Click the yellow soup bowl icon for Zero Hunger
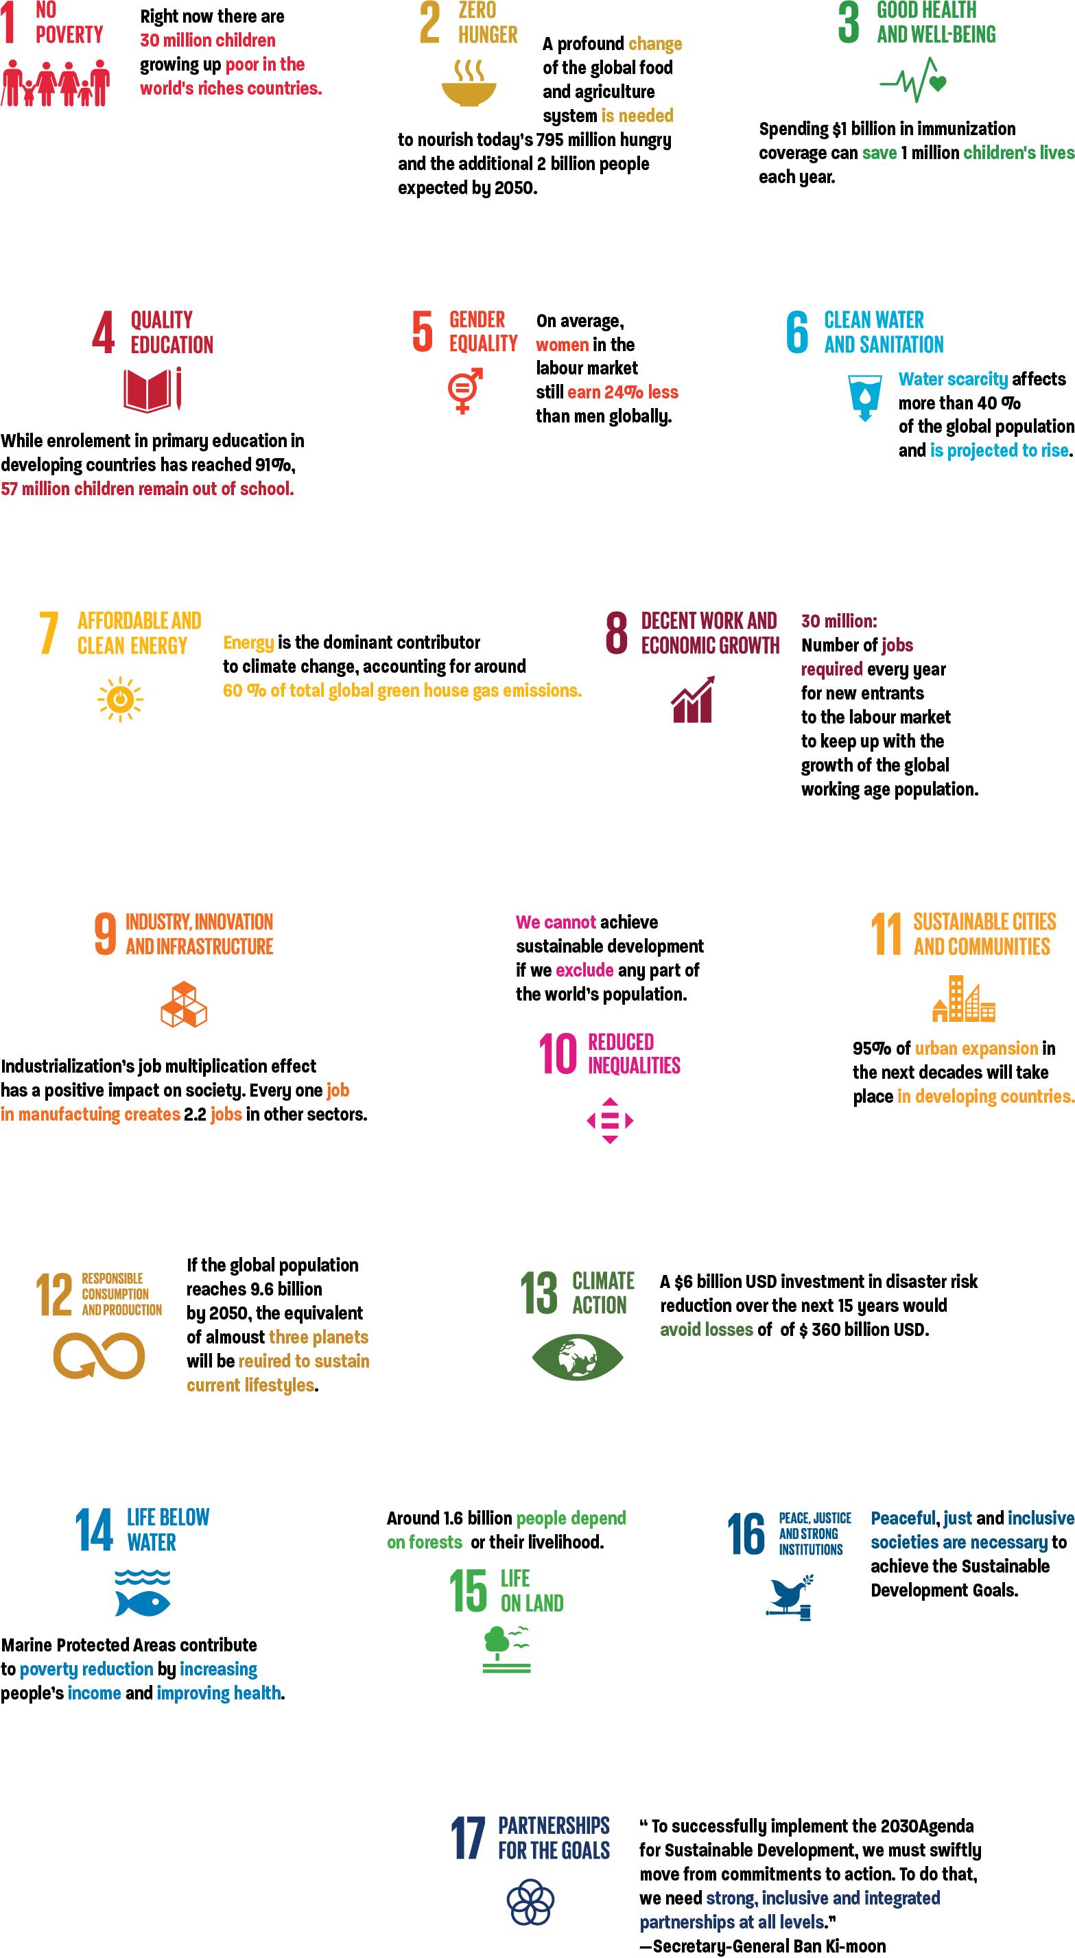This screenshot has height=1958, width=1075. [469, 84]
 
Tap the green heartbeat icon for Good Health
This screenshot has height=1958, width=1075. [912, 80]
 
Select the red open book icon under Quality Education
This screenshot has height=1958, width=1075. [152, 390]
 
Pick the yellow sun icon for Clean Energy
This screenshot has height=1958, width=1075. [120, 700]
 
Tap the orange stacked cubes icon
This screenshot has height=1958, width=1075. [184, 1004]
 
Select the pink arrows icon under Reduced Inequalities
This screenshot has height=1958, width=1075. [610, 1121]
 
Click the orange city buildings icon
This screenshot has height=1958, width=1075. [964, 998]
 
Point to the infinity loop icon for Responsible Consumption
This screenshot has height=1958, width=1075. [99, 1356]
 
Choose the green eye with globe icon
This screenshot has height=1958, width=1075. [578, 1357]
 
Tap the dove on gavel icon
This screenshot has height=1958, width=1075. [789, 1597]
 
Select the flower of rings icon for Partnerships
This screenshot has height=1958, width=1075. [531, 1902]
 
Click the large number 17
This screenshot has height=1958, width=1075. [469, 1838]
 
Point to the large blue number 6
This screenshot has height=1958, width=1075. [796, 332]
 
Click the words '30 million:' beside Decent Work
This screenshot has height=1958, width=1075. [838, 621]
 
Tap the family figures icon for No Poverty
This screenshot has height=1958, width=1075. [56, 84]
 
